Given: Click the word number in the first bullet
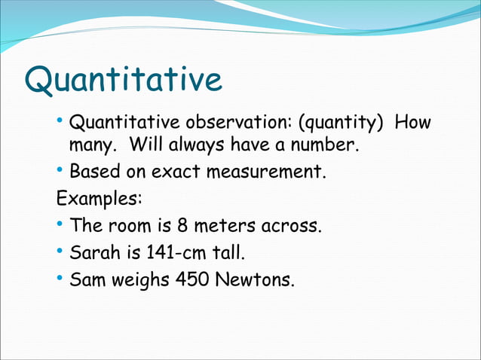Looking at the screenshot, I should coord(323,143).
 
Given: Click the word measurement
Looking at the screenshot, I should coord(272,172).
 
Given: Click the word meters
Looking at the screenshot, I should coord(224,226).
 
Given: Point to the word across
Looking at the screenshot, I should coord(290,226).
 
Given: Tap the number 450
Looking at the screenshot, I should coord(192,280).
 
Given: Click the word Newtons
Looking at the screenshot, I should coord(256,280).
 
